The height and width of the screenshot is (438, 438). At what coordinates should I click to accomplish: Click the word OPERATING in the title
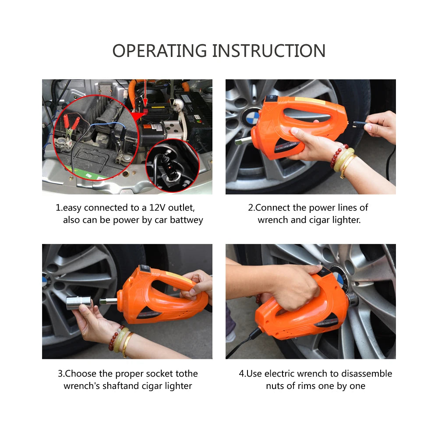[160, 51]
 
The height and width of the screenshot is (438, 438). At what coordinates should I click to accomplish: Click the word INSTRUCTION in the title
[269, 51]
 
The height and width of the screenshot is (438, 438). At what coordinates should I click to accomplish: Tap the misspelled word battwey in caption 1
[187, 220]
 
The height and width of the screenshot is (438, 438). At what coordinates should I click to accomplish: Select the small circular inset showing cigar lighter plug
[172, 166]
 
